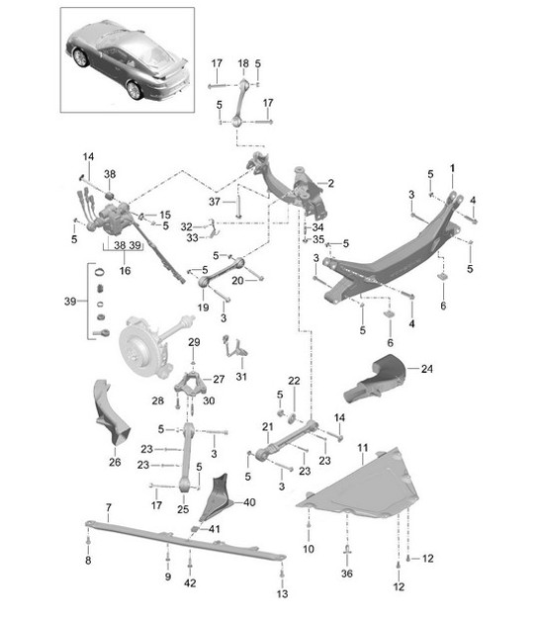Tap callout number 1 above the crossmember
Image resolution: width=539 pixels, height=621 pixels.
tap(453, 168)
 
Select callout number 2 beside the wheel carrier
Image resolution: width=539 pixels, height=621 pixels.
tap(330, 183)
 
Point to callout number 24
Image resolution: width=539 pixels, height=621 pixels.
tap(427, 370)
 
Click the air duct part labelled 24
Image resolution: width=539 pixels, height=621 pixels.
tap(379, 378)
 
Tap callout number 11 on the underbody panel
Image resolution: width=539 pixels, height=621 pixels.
tap(363, 447)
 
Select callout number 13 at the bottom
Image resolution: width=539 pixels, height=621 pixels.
tap(281, 593)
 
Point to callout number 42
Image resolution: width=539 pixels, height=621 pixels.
tap(191, 583)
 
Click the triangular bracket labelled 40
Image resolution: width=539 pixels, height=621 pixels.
tap(220, 500)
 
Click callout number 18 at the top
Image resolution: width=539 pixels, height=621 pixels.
tap(243, 63)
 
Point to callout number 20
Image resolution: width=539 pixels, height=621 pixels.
tap(237, 280)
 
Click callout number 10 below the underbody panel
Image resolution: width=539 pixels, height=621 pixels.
tap(309, 548)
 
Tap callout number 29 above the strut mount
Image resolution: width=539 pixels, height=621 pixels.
tap(195, 342)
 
